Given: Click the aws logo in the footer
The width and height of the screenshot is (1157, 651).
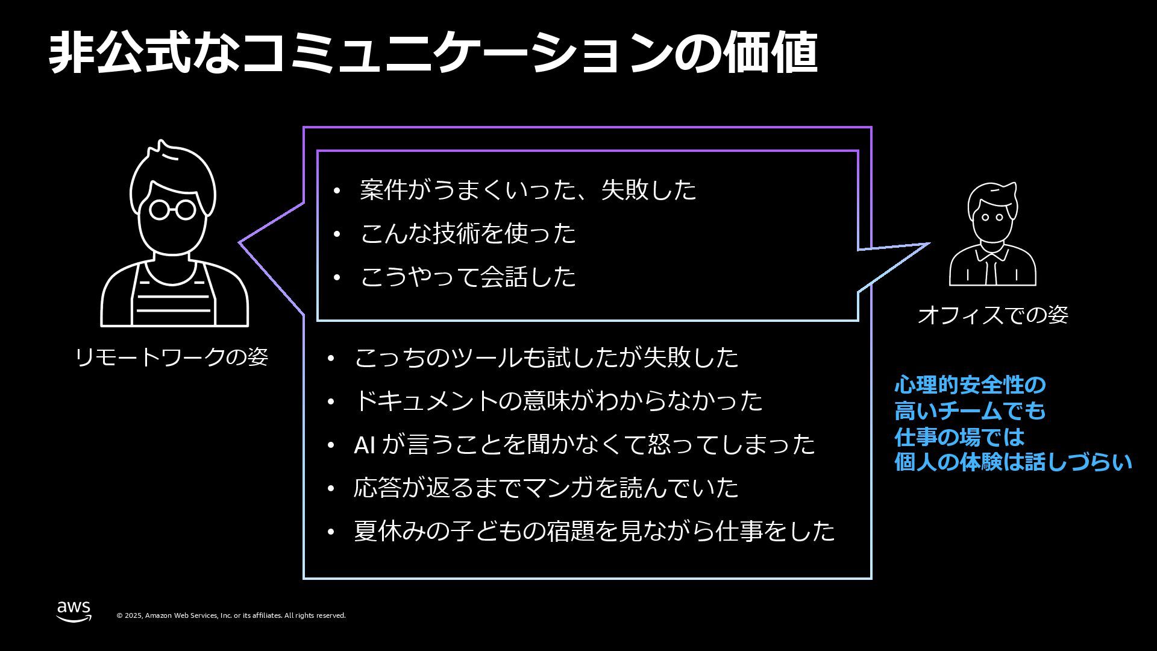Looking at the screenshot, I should tap(74, 611).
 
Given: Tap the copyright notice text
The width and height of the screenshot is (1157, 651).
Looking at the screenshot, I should tap(231, 615).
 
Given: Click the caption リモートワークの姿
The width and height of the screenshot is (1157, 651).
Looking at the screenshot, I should tap(172, 357).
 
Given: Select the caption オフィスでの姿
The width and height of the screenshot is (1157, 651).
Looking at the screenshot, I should tap(992, 315).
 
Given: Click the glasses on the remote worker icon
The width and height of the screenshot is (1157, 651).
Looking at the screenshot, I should tap(173, 210).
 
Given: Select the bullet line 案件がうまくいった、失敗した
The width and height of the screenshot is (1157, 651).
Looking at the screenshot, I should tap(528, 190).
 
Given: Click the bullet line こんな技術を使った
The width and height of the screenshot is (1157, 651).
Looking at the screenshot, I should tap(468, 233).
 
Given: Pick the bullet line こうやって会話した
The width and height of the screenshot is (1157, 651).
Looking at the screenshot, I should tap(468, 277).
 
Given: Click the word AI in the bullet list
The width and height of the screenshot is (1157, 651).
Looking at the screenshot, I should tap(365, 445).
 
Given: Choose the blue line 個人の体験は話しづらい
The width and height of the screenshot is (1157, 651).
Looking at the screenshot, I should tap(1013, 462).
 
